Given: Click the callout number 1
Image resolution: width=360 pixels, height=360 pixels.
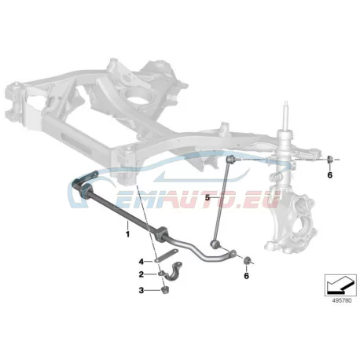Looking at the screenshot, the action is (x=127, y=233).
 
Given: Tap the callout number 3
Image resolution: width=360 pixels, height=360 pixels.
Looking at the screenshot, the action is (x=141, y=290).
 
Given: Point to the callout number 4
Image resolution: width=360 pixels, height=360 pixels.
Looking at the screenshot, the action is (x=141, y=261).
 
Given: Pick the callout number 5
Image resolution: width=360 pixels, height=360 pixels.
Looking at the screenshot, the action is (x=208, y=197).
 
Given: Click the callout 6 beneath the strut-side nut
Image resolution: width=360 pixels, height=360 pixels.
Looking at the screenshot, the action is (x=329, y=174).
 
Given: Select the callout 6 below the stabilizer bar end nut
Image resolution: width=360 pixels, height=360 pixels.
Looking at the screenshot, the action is (x=246, y=276).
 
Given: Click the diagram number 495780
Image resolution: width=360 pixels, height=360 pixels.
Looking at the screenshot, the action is (x=342, y=301).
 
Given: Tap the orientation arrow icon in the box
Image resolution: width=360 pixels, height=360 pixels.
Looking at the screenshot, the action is (x=340, y=284).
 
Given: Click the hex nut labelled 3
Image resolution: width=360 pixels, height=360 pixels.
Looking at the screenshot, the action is (x=165, y=290).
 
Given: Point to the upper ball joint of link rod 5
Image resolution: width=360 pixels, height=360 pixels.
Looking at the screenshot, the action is (x=230, y=159).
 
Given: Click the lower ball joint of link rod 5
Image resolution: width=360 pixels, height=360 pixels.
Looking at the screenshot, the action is (x=215, y=244).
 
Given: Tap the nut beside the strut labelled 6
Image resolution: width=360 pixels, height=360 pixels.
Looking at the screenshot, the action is (x=330, y=159).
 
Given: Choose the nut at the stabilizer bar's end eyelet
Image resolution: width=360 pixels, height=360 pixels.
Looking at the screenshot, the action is (x=247, y=260).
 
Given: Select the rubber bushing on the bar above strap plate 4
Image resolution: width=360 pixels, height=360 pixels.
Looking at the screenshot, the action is (x=160, y=233).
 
